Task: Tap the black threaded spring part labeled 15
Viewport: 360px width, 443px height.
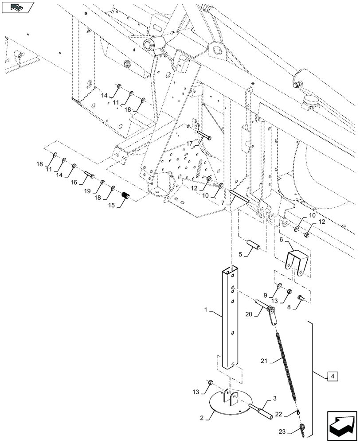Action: [125, 195]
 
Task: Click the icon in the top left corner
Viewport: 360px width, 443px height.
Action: [18, 7]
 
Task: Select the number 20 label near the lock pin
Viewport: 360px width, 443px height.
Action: [248, 314]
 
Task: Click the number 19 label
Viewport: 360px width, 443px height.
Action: [88, 190]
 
